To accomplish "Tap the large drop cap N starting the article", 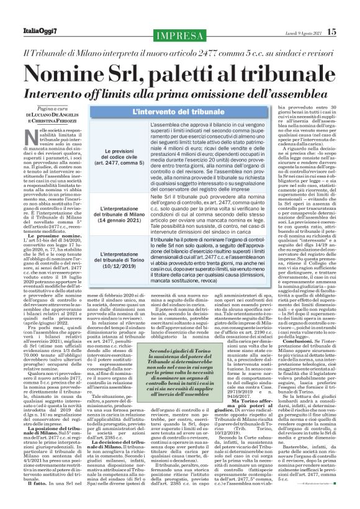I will (x=34, y=137).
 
